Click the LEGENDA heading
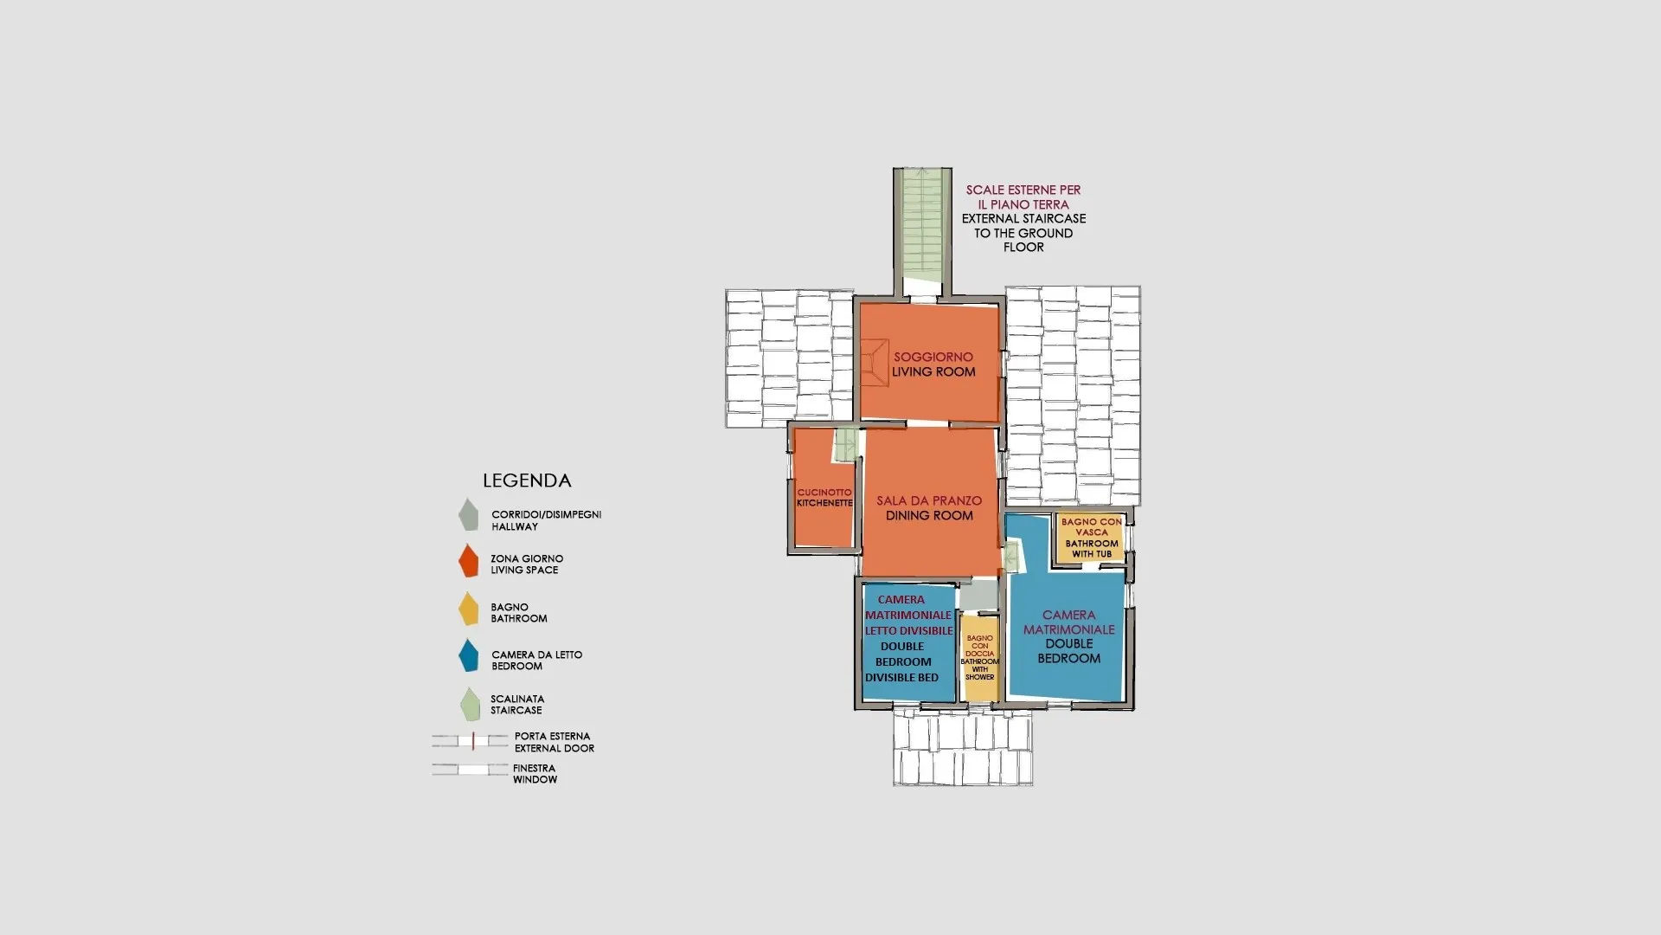(527, 480)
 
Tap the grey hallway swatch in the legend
(468, 514)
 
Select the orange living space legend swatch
(468, 560)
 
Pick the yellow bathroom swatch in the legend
(468, 608)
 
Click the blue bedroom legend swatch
(468, 655)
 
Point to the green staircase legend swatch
(470, 704)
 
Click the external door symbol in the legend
(471, 741)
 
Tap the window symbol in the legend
(471, 769)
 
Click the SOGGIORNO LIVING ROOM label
(933, 364)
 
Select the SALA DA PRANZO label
(929, 500)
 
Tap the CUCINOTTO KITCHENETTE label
(824, 498)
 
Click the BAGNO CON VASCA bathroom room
(1092, 538)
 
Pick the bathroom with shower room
(980, 657)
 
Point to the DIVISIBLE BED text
(901, 678)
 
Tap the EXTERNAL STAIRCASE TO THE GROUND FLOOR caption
(1023, 233)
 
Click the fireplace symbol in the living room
(875, 362)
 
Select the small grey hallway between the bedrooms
(979, 596)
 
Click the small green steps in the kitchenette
(845, 444)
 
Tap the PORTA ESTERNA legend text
(552, 737)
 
